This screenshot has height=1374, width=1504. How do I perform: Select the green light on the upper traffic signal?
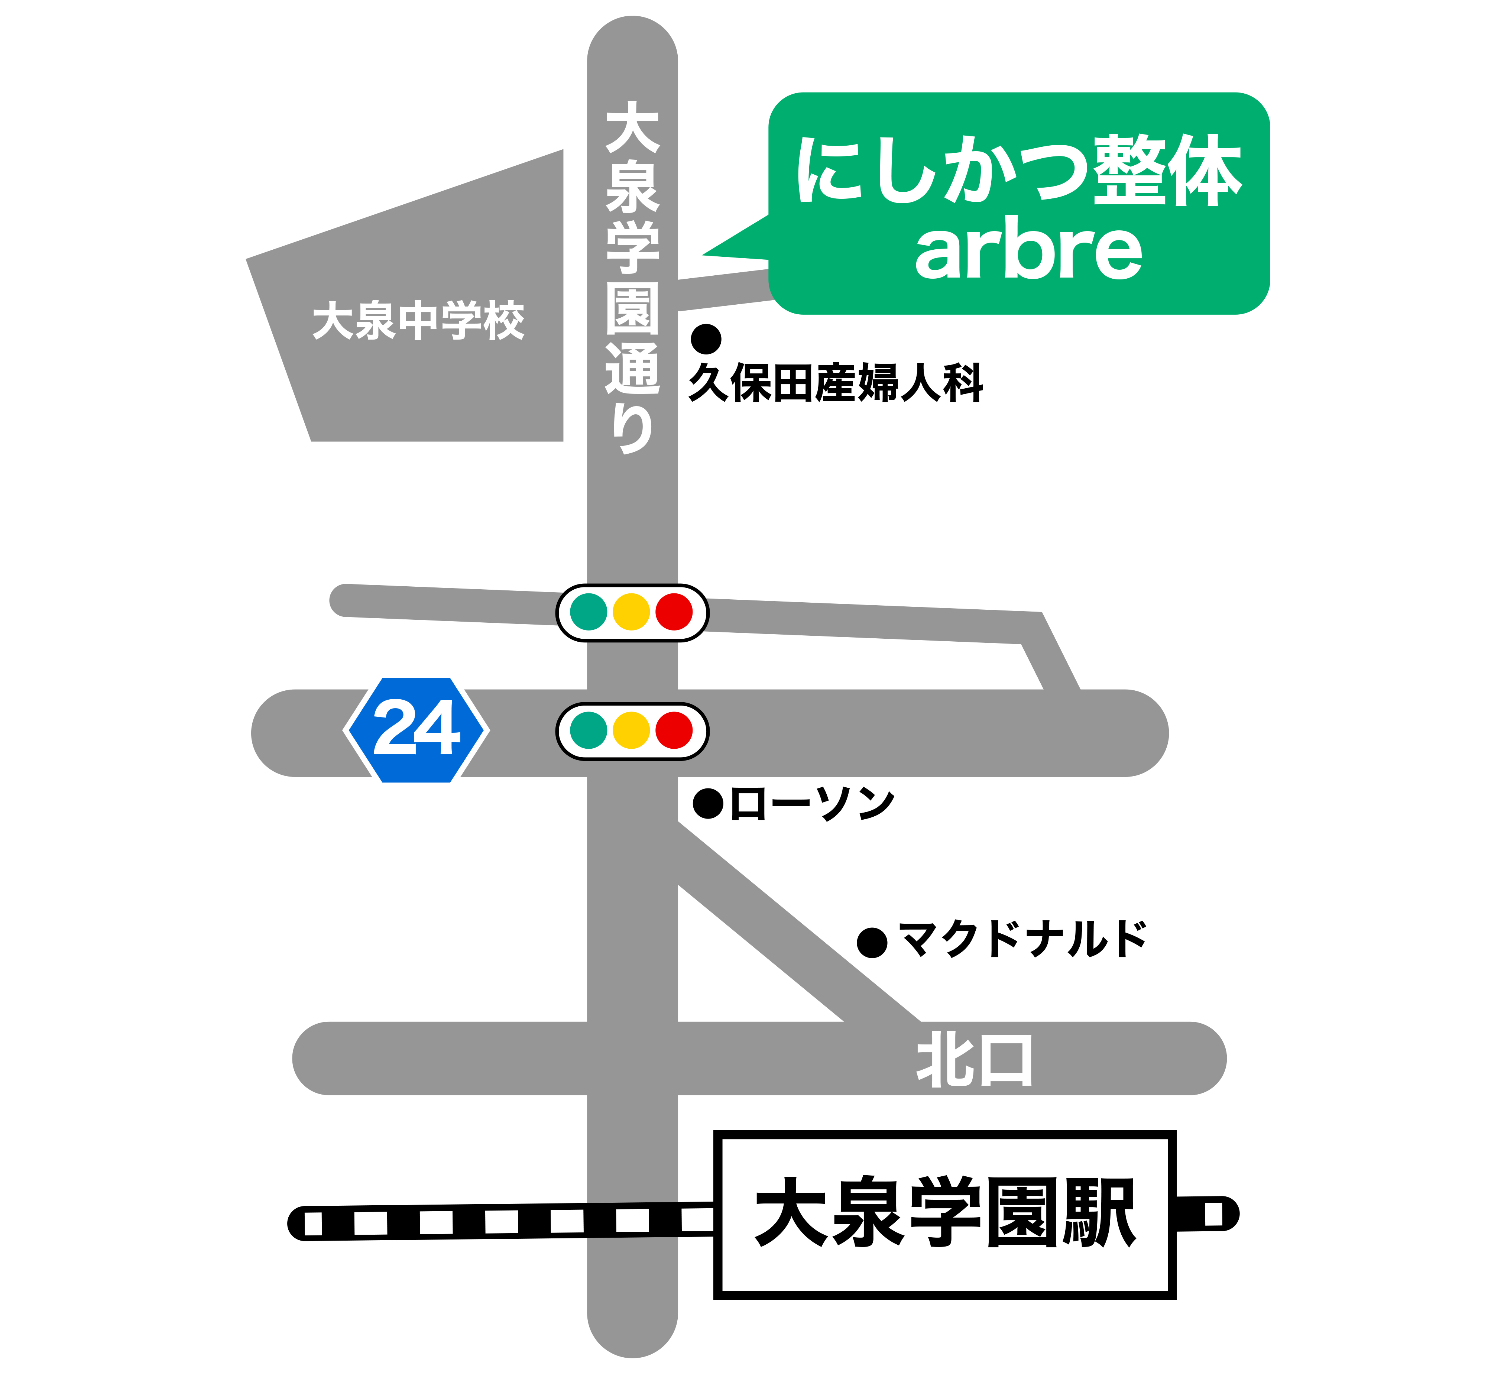pos(589,612)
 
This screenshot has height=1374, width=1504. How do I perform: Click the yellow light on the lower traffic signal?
pos(631,730)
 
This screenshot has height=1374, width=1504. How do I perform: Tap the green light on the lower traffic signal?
pos(589,730)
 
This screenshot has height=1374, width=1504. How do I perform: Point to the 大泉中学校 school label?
pos(418,321)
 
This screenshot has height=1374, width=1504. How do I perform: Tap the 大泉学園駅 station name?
pos(945,1213)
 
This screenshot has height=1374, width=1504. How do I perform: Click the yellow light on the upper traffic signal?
pos(631,612)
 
